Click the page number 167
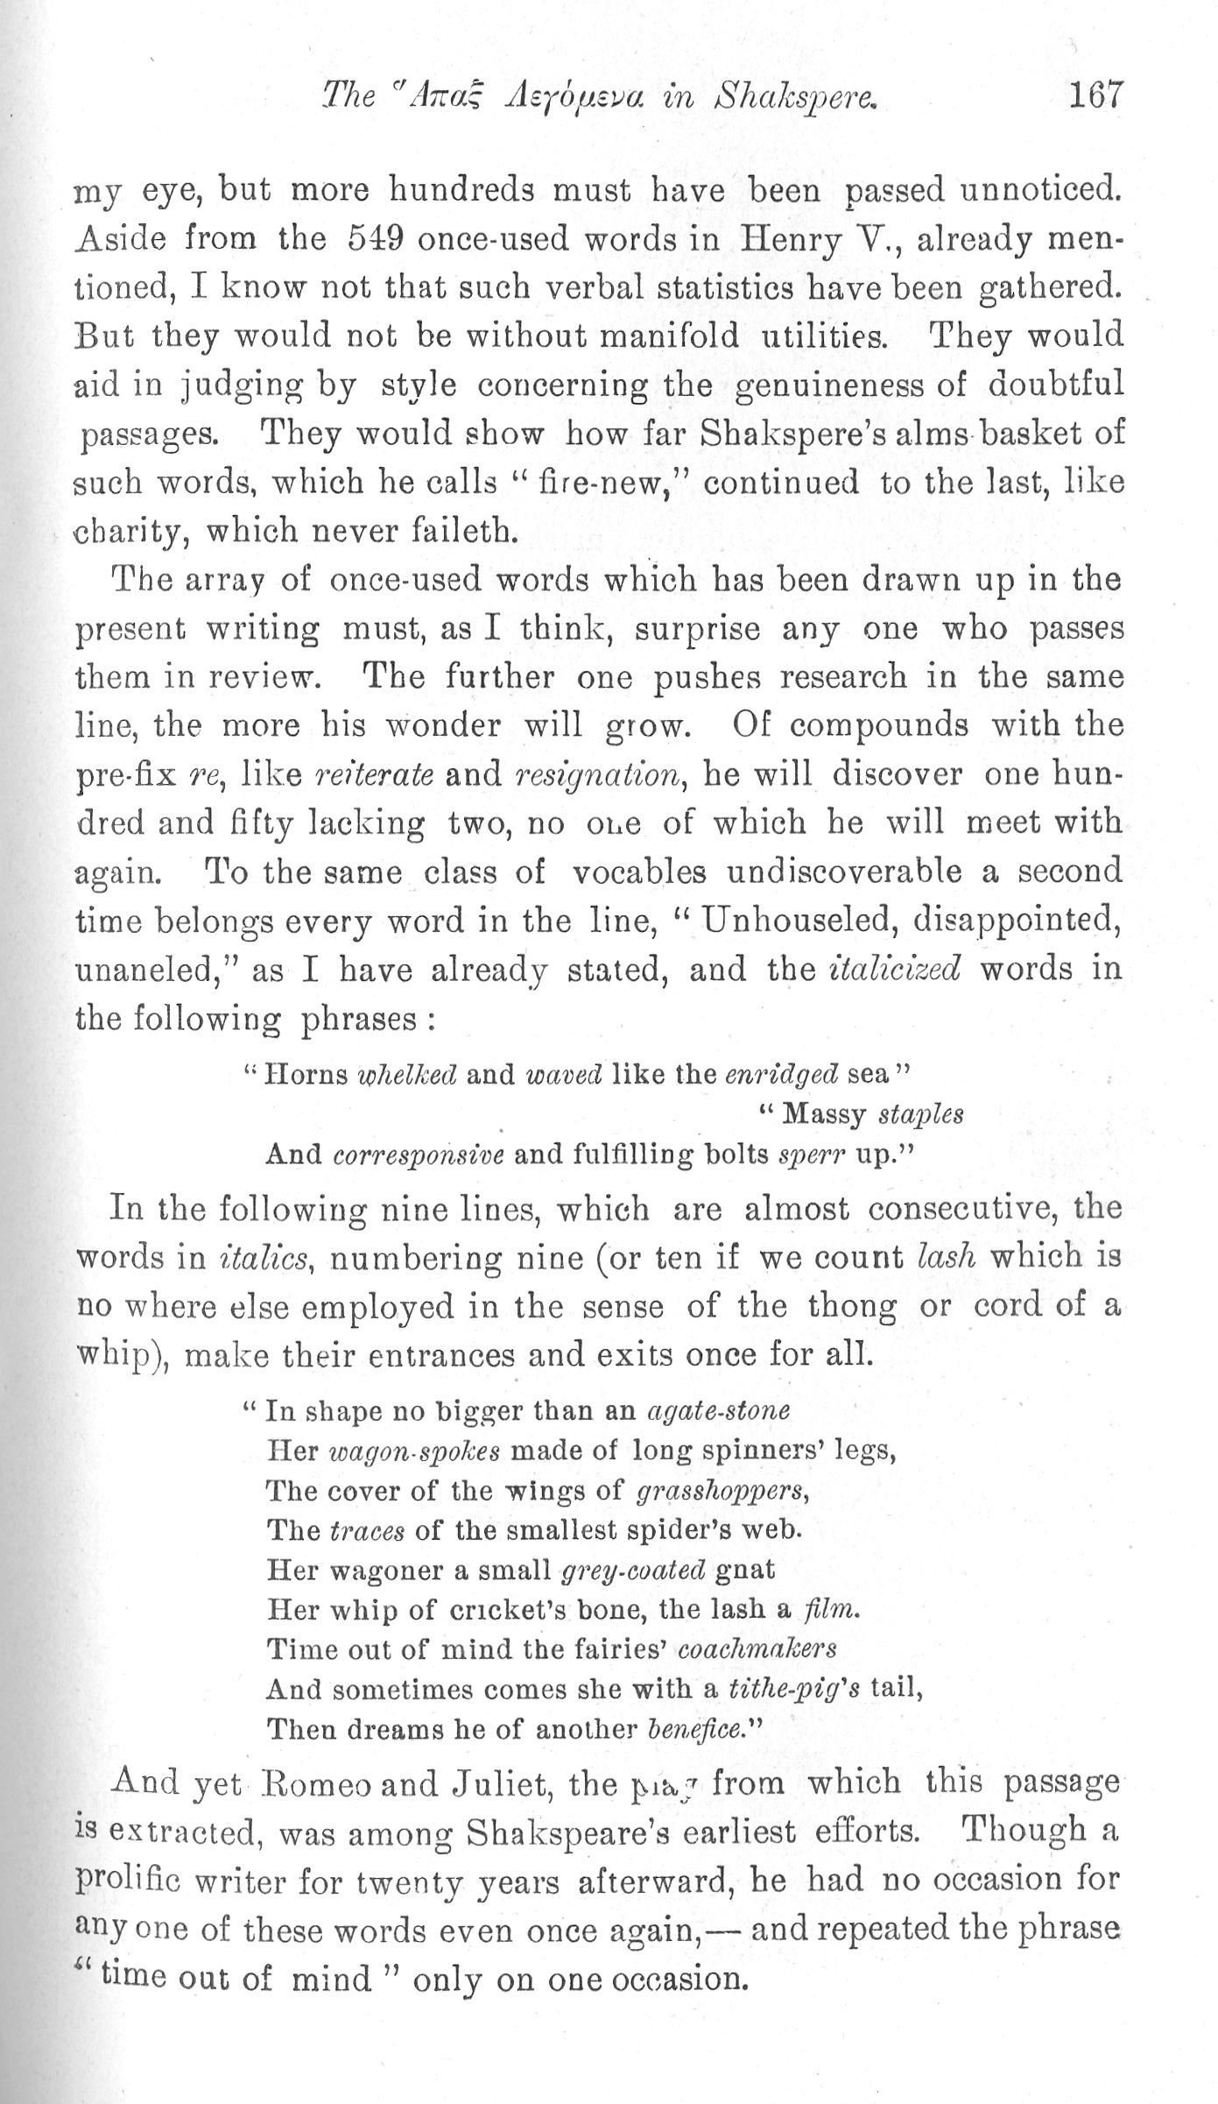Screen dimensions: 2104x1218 (1094, 94)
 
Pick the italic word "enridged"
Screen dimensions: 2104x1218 (783, 1075)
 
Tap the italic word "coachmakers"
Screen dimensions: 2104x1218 (757, 1649)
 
